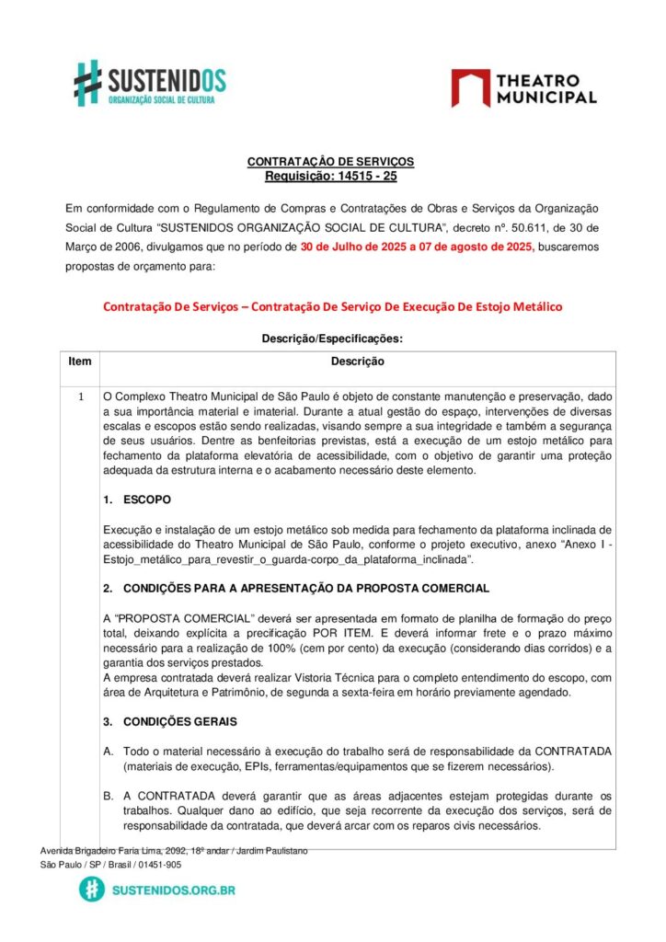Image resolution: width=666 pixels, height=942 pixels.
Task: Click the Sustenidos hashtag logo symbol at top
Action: tap(88, 83)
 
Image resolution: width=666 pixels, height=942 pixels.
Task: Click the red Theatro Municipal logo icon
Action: tap(470, 88)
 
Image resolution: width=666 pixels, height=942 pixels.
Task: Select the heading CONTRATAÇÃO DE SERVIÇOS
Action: tap(330, 162)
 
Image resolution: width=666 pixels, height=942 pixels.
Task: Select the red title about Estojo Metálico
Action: tap(332, 306)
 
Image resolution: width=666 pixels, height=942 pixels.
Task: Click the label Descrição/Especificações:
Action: tap(332, 338)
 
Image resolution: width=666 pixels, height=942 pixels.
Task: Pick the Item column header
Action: tap(80, 362)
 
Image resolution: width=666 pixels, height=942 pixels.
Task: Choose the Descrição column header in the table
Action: tap(357, 362)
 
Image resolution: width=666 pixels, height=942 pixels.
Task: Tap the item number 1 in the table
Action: tap(80, 397)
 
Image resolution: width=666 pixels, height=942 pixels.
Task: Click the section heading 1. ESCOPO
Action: tap(137, 499)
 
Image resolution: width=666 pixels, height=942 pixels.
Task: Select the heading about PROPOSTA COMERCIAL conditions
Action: tap(296, 588)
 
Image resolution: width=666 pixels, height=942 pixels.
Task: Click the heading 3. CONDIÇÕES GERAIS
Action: tap(168, 722)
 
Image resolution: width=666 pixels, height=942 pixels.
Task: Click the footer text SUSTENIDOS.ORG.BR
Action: tap(173, 890)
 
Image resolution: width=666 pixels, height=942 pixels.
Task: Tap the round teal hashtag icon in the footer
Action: tap(91, 890)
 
